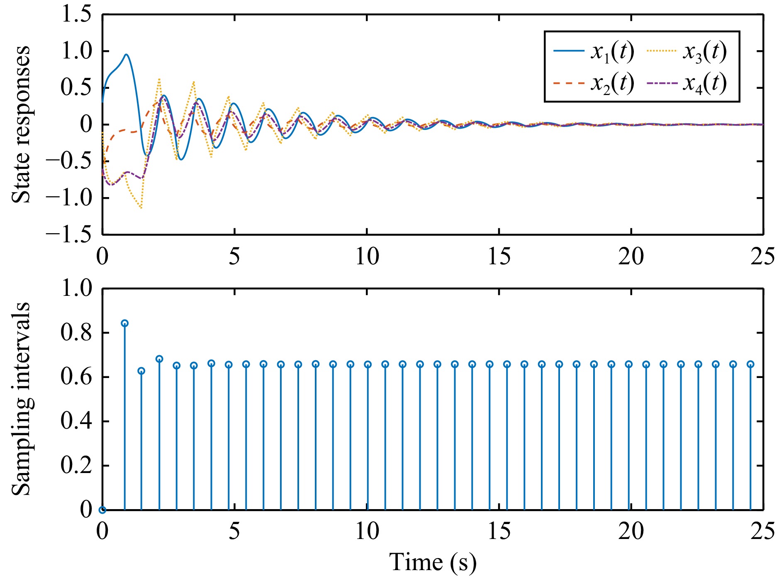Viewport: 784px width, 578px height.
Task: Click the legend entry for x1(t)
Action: tap(594, 51)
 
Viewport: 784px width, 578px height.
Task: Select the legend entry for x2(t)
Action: tap(594, 84)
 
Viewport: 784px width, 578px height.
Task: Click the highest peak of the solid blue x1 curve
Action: tap(126, 54)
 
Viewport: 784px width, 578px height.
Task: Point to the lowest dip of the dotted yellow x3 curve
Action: tap(141, 208)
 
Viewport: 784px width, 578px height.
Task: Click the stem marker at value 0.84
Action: tap(124, 323)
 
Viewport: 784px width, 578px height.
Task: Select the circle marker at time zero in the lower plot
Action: tap(102, 510)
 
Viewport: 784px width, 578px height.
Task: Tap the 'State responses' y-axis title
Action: tap(21, 124)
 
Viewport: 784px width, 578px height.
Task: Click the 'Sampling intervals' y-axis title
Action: tap(21, 399)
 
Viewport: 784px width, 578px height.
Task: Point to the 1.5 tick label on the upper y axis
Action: tap(76, 15)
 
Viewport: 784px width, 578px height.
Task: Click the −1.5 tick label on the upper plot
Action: tap(69, 235)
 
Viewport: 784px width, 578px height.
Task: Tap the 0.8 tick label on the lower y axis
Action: tap(76, 333)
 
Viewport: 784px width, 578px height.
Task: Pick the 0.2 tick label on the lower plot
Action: tap(76, 466)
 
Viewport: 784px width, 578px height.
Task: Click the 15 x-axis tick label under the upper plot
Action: tap(499, 256)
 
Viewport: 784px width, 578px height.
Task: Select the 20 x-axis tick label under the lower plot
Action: tap(631, 531)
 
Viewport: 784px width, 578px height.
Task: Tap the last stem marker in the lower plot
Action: tap(750, 364)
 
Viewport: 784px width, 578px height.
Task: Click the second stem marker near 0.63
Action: tap(141, 371)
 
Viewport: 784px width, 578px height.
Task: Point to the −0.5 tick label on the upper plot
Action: tap(69, 161)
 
